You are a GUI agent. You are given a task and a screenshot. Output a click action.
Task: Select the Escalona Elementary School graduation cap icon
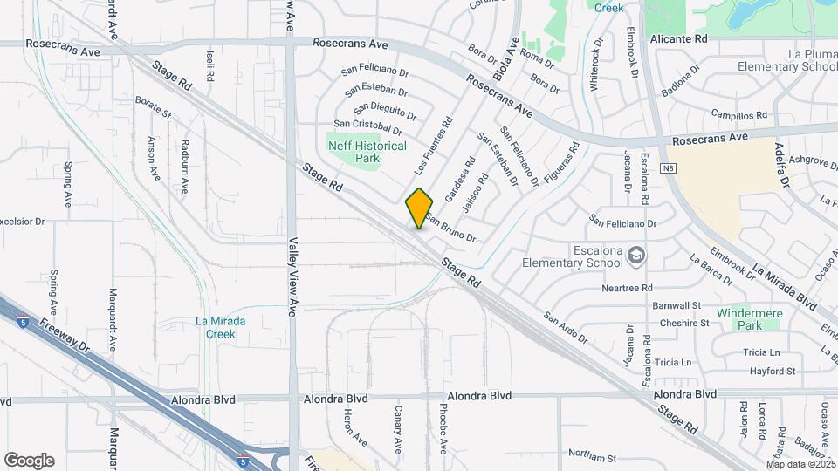tap(638, 255)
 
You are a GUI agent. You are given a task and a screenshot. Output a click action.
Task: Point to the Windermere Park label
tap(739, 319)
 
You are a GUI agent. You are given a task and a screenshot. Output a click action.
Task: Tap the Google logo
tap(29, 461)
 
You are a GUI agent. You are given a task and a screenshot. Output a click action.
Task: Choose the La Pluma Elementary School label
tap(787, 60)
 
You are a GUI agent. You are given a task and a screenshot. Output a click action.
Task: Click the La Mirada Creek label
tap(220, 327)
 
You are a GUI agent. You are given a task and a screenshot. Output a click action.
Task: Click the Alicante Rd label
tap(678, 39)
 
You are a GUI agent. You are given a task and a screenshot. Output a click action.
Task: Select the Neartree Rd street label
tap(627, 288)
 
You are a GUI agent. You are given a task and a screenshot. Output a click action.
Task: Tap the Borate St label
tap(153, 108)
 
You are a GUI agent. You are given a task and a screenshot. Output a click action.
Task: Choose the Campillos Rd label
tap(738, 114)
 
